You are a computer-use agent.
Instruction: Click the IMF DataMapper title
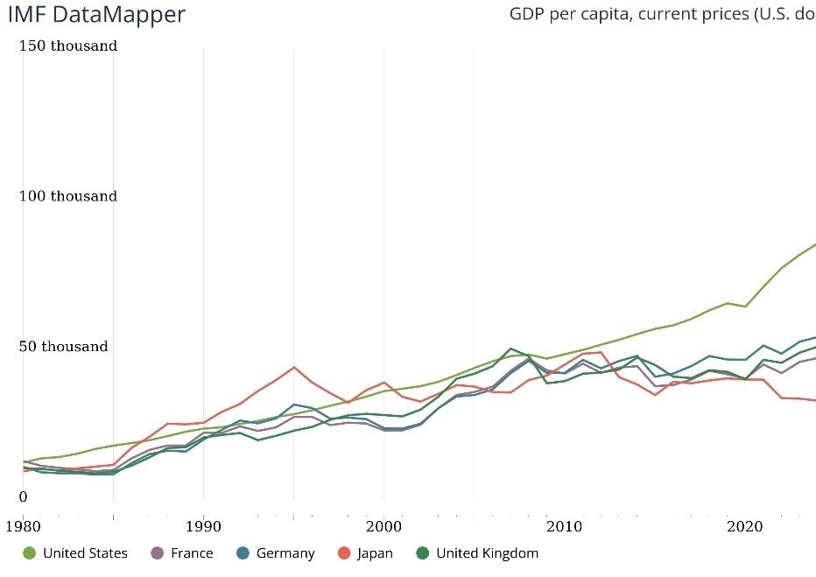(95, 15)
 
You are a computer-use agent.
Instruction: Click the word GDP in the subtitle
(529, 15)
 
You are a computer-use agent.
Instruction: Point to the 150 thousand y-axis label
(68, 46)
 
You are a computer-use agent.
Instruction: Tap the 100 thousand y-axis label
(68, 196)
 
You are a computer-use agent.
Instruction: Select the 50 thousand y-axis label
(64, 347)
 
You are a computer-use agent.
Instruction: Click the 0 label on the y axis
(24, 497)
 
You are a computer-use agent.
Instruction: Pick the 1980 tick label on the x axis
(23, 526)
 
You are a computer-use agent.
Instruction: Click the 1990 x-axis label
(203, 526)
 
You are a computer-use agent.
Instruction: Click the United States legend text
(85, 553)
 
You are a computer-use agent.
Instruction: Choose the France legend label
(192, 553)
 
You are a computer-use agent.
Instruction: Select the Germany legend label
(285, 553)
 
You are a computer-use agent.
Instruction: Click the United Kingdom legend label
(487, 553)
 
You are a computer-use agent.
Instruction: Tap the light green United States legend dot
(29, 553)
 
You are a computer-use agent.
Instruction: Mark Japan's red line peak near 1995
(293, 367)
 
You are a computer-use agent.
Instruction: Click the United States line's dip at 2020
(745, 306)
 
